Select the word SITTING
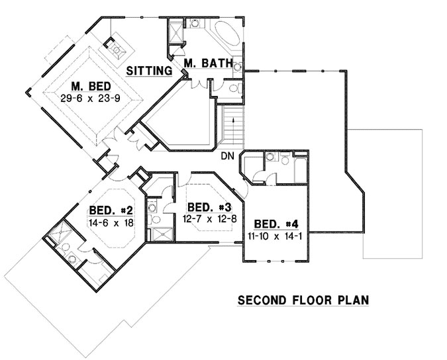coord(149,69)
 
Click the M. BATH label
coord(208,64)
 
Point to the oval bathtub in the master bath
coord(226,33)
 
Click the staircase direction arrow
coord(232,126)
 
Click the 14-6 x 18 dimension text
coord(111,223)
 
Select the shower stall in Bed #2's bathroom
coord(56,233)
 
